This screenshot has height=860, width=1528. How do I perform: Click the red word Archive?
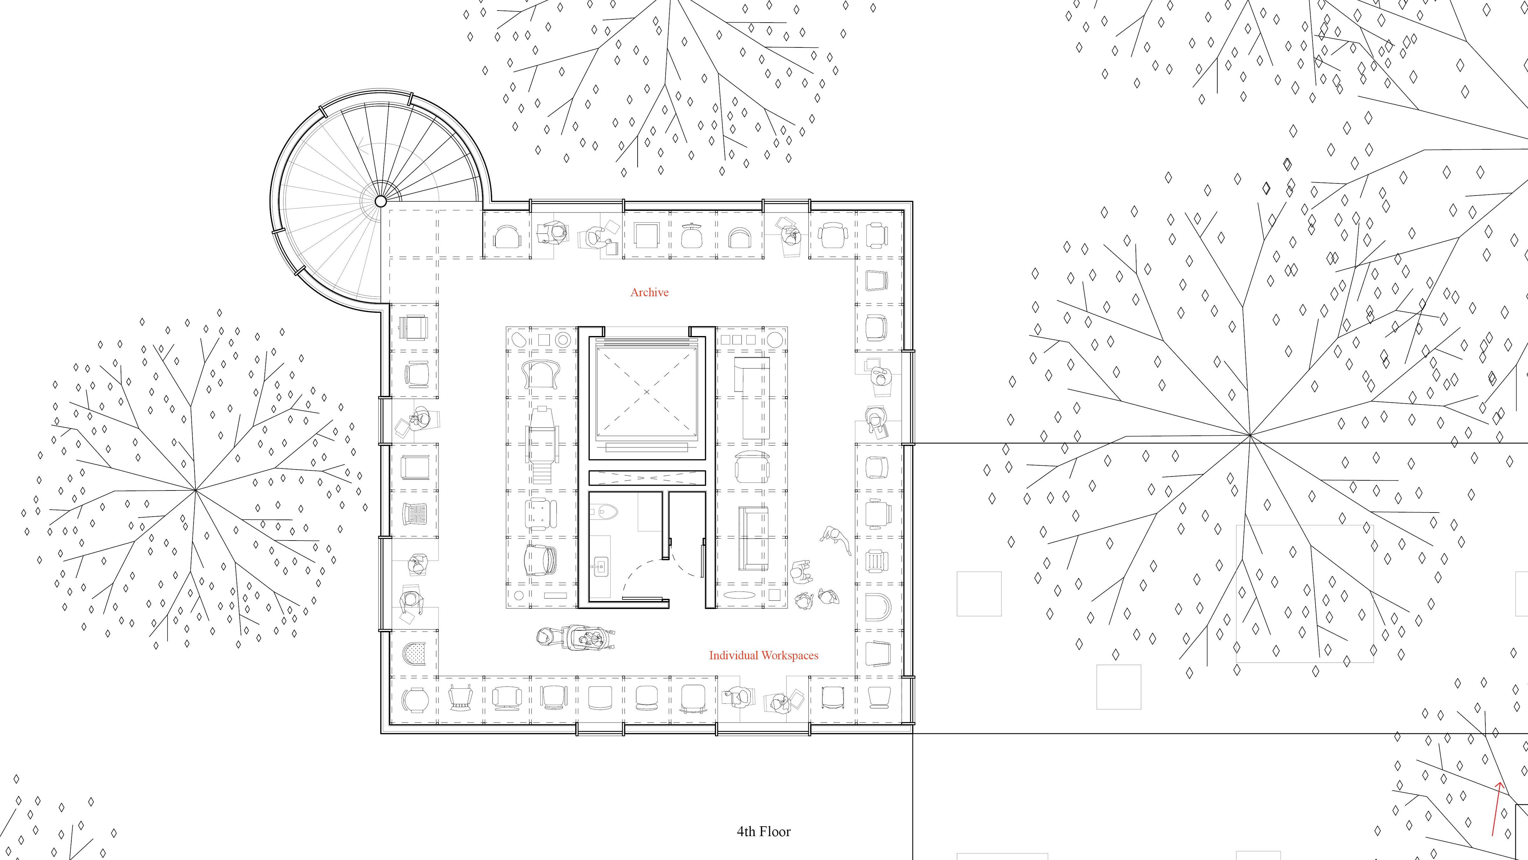click(649, 292)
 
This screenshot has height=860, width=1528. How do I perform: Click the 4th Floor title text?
click(763, 832)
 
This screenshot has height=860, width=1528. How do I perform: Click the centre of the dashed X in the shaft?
click(647, 392)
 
